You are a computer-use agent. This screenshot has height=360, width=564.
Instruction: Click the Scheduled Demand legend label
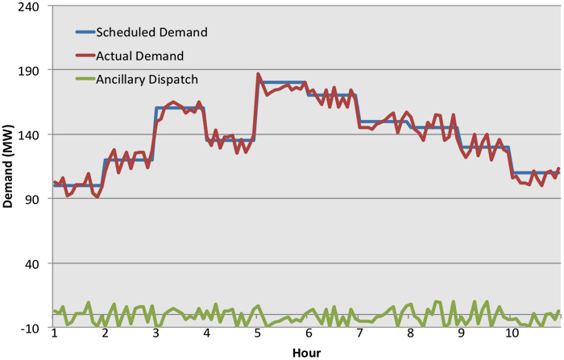[151, 33]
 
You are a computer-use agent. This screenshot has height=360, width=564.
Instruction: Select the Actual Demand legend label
[140, 56]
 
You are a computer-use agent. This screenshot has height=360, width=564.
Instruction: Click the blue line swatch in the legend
[85, 33]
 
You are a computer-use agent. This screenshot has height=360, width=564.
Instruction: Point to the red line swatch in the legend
[85, 56]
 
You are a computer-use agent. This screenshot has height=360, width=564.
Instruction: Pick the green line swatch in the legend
[85, 79]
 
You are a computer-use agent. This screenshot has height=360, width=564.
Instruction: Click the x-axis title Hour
[306, 352]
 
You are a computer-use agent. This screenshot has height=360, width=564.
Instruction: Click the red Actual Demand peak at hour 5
[259, 74]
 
